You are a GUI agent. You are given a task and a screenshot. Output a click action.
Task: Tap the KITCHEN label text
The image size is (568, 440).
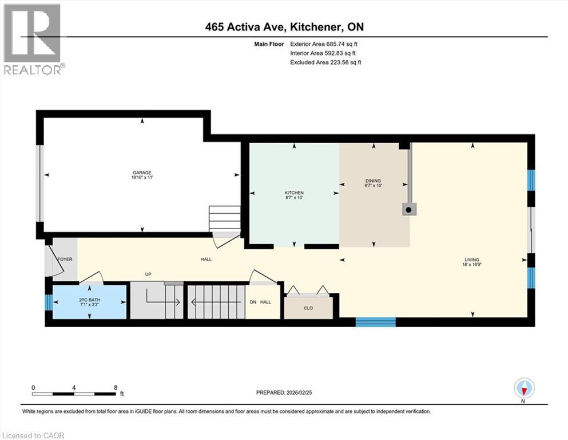pyautogui.click(x=294, y=192)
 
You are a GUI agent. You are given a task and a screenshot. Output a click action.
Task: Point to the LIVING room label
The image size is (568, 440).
pyautogui.click(x=471, y=260)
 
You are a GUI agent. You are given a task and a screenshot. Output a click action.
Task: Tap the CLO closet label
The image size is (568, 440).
pyautogui.click(x=308, y=308)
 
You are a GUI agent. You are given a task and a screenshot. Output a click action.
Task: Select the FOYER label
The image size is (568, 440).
pyautogui.click(x=65, y=260)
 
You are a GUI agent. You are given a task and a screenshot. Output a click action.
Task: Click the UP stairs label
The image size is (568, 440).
pyautogui.click(x=148, y=274)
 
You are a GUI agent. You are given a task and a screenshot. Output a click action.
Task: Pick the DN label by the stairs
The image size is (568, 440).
pyautogui.click(x=253, y=302)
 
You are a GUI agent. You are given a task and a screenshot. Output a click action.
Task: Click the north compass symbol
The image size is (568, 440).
pyautogui.click(x=524, y=388)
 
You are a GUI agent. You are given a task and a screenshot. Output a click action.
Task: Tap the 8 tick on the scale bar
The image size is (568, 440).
pyautogui.click(x=116, y=387)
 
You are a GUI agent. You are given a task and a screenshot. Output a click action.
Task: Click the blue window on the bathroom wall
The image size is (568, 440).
pyautogui.click(x=49, y=302)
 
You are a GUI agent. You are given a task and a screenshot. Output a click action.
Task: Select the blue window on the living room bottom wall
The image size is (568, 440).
pyautogui.click(x=376, y=322)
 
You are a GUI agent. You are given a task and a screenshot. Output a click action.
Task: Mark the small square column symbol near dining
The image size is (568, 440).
pyautogui.click(x=408, y=210)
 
